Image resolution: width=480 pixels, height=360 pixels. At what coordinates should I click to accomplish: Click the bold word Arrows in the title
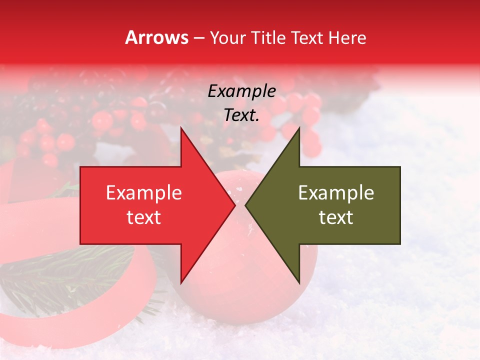point(157,37)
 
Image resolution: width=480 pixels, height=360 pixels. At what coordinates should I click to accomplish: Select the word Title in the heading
point(268,37)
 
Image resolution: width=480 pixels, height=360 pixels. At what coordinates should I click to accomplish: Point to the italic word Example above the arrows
point(241,91)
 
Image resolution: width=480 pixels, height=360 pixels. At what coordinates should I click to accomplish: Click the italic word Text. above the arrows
point(241,115)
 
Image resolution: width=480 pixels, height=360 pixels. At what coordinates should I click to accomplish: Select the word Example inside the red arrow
point(143,192)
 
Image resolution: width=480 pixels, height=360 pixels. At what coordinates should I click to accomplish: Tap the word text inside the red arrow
point(143,217)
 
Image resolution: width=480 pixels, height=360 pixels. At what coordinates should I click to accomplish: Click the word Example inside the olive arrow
point(336,192)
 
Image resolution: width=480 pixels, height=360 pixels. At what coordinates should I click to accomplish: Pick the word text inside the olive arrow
point(336,217)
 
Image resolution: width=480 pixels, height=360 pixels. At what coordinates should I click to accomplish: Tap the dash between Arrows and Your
point(198,38)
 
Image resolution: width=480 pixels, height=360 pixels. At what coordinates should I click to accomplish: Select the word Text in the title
point(307,37)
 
